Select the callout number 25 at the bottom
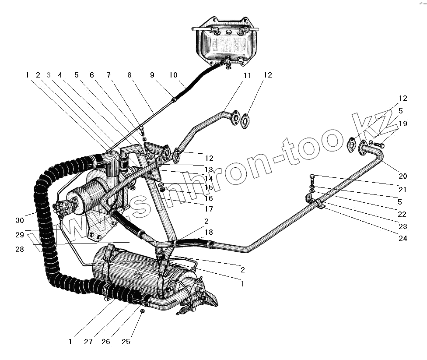pyautogui.click(x=126, y=342)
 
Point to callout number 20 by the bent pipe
pyautogui.click(x=403, y=176)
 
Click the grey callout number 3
pyautogui.click(x=49, y=75)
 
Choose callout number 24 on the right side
pyautogui.click(x=403, y=239)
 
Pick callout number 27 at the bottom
pyautogui.click(x=89, y=342)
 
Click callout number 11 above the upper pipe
pyautogui.click(x=248, y=76)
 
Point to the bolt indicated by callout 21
pyautogui.click(x=311, y=177)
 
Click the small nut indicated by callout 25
pyautogui.click(x=142, y=311)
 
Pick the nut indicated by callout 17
pyautogui.click(x=162, y=189)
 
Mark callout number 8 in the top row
pyautogui.click(x=129, y=76)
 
